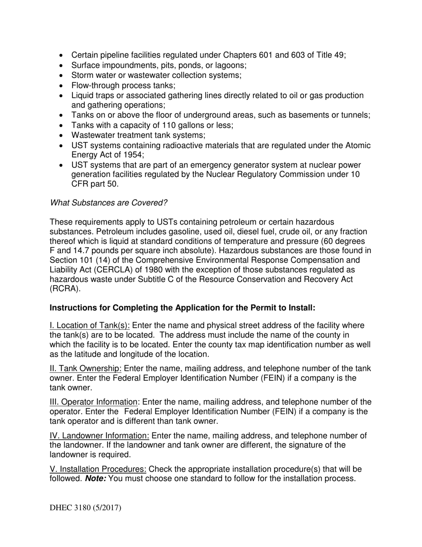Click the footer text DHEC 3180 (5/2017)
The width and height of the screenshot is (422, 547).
(x=85, y=507)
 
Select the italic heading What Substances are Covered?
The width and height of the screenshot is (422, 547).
(x=108, y=203)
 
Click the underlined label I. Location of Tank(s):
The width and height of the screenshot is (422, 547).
(x=90, y=326)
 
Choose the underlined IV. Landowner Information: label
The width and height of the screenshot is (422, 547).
(x=100, y=436)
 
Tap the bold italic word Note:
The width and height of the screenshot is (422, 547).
(x=96, y=479)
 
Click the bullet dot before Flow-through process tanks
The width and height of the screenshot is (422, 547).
(x=62, y=86)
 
